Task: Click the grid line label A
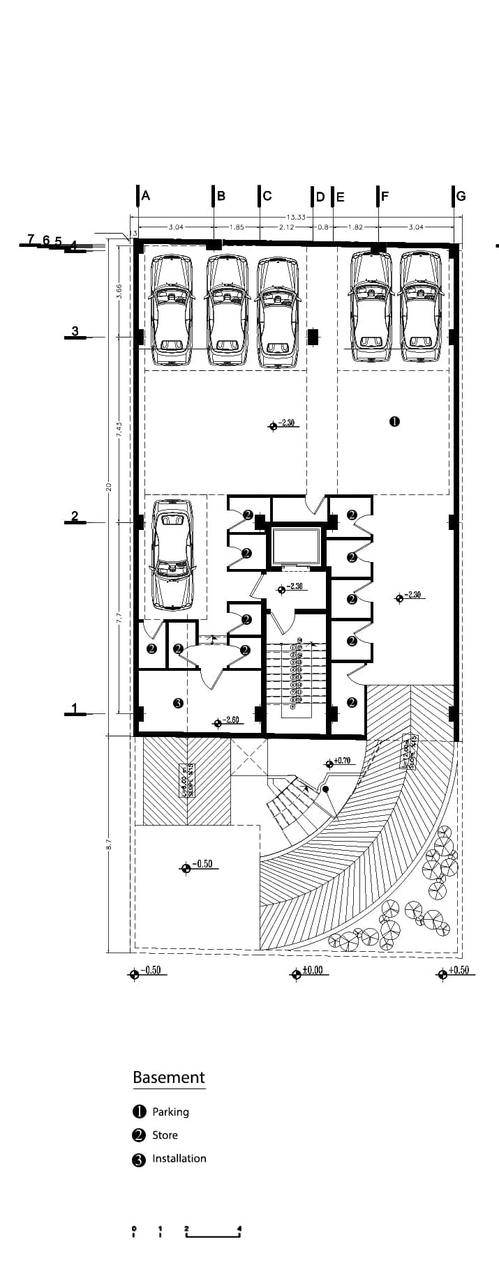coord(146,196)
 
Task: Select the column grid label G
coord(461,197)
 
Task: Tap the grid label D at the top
coord(320,197)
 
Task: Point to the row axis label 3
coord(75,331)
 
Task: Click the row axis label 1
coord(75,708)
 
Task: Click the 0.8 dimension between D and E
coord(322,227)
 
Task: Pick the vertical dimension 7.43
coord(119,430)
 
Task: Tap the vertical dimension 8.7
coord(109,843)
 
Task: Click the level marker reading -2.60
coord(231,720)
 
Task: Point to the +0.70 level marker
coord(341,761)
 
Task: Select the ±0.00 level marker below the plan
coord(312,970)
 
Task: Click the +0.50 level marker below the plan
coord(458,970)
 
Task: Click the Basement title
coord(169,1077)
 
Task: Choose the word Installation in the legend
coord(179,1158)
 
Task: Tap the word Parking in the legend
coord(170,1112)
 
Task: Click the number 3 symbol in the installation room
coord(178,703)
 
